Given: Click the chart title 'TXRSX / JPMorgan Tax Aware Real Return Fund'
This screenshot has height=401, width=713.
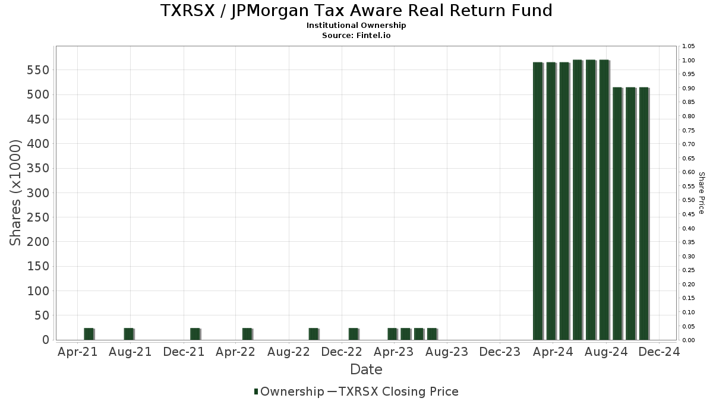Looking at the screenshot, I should [356, 11].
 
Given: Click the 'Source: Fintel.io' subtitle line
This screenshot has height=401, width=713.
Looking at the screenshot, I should [356, 35].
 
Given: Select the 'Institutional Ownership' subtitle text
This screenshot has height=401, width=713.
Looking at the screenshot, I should [356, 26].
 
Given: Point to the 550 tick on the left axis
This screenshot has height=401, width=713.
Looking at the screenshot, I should [37, 70].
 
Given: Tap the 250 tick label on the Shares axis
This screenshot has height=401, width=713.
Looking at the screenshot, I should [37, 217].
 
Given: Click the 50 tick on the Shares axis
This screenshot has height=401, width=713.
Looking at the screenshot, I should [41, 315].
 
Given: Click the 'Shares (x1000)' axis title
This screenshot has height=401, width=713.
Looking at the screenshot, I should [16, 192].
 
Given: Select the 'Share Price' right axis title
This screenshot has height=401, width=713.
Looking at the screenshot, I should [701, 193].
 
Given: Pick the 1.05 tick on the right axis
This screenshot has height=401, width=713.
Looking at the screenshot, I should [689, 46].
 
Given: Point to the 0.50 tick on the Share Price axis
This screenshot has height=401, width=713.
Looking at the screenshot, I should [689, 200].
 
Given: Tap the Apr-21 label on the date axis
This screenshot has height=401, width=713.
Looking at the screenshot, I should [78, 352].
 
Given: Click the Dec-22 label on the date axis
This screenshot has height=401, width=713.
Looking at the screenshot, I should [342, 352].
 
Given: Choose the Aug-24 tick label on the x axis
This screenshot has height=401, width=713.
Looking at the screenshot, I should [605, 352].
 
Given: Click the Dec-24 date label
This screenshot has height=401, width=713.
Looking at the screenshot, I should [658, 352].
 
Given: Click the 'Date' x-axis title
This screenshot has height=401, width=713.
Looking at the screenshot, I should [366, 370].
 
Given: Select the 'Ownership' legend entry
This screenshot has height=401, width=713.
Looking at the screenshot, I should [288, 391].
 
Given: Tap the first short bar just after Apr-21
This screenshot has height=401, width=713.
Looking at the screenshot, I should [89, 334].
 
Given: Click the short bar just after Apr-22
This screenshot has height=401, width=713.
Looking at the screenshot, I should [247, 334].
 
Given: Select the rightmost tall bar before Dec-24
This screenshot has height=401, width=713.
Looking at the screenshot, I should [643, 214].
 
